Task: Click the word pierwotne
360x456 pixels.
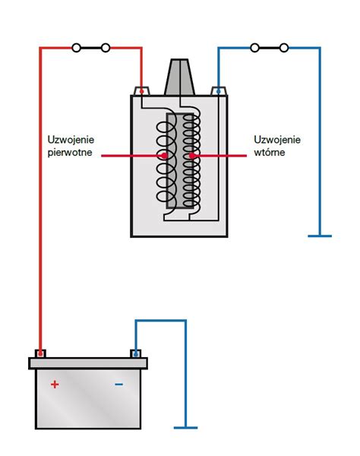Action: [x=70, y=153]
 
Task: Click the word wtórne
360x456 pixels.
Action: [x=270, y=153]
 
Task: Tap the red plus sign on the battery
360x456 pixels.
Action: [x=55, y=385]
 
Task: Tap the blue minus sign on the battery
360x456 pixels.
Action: [x=118, y=385]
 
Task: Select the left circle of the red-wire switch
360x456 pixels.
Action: [x=77, y=48]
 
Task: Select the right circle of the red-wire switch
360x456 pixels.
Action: [x=106, y=48]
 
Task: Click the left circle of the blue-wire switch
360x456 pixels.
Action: [x=255, y=48]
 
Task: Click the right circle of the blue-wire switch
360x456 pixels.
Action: [x=284, y=48]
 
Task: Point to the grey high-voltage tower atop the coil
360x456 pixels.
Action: [x=179, y=77]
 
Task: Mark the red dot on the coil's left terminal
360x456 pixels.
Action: [x=141, y=92]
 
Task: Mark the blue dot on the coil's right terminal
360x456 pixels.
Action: [x=218, y=92]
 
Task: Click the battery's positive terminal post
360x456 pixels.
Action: [x=40, y=353]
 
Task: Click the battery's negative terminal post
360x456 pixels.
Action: [x=135, y=353]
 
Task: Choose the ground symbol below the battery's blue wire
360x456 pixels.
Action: [x=185, y=427]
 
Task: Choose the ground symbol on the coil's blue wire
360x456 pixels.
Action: [x=320, y=236]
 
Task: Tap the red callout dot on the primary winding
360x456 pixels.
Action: [x=165, y=156]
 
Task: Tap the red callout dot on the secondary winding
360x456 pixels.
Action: [x=191, y=156]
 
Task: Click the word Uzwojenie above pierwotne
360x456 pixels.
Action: [x=71, y=140]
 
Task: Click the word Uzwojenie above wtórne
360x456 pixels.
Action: [x=277, y=140]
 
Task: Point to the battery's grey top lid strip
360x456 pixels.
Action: [x=88, y=363]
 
